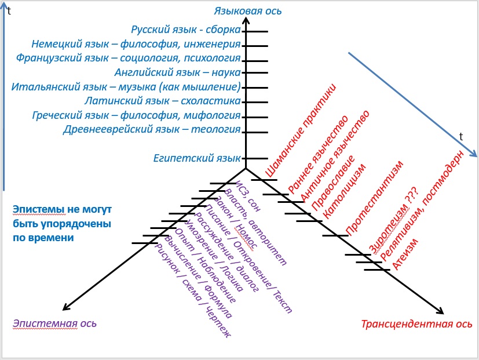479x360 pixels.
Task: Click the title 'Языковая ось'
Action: (243, 11)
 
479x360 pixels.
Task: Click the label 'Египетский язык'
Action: (196, 158)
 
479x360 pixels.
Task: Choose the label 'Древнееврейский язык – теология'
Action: (151, 129)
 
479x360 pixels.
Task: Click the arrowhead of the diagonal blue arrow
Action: (474, 154)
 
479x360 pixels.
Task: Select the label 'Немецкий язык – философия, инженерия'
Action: (136, 44)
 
